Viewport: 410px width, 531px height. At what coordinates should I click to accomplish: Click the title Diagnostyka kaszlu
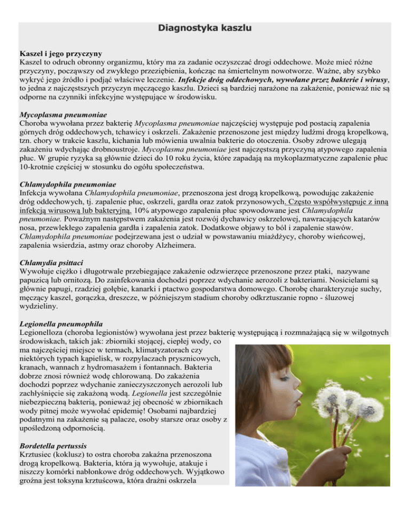tap(205, 27)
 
